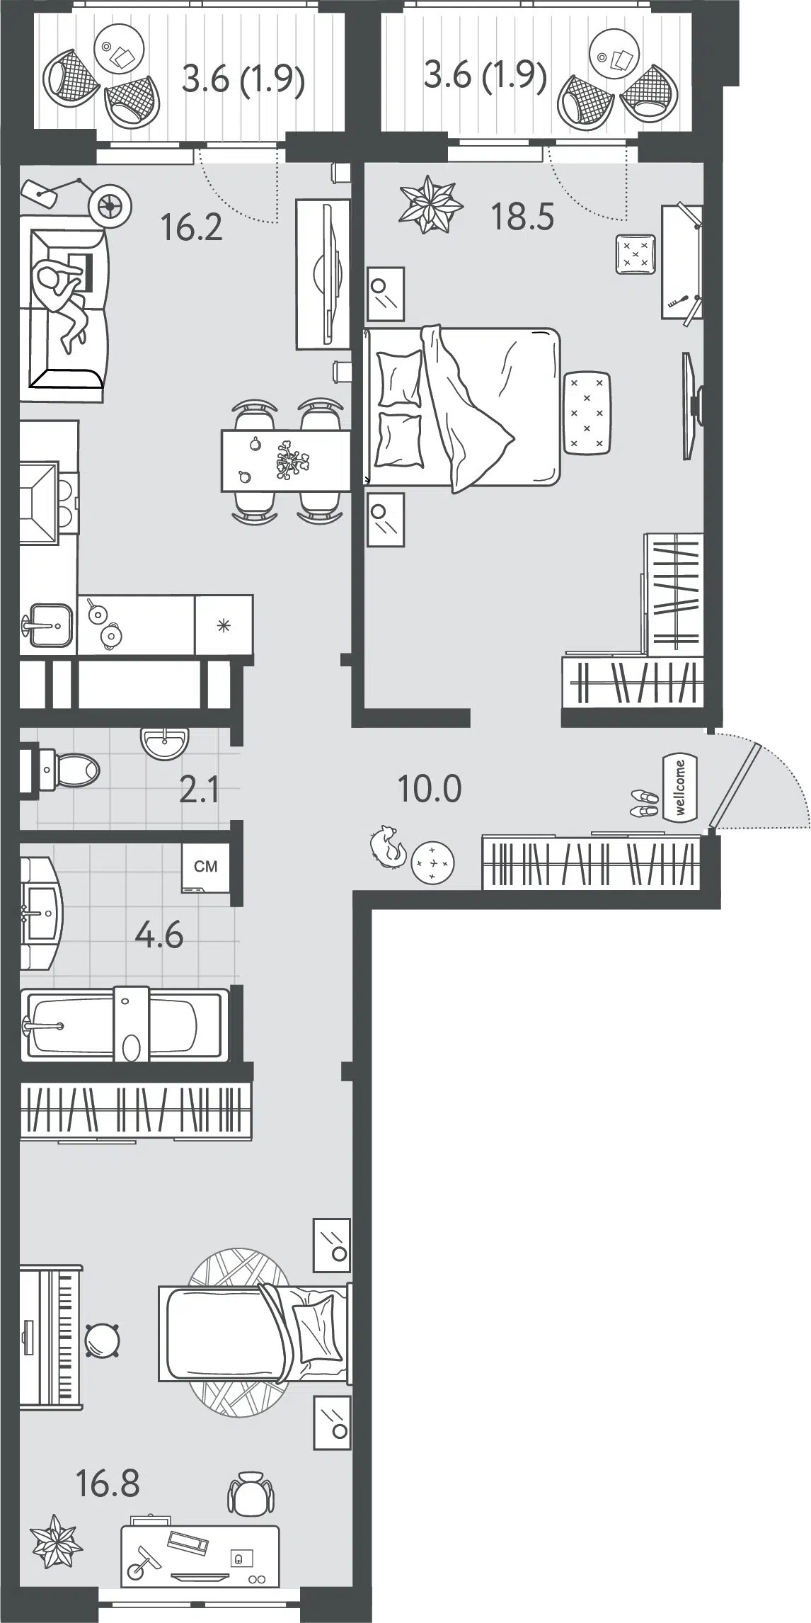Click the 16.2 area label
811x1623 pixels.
192,227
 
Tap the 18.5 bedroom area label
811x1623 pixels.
523,216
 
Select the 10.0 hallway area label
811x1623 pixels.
430,789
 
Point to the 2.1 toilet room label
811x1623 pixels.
199,790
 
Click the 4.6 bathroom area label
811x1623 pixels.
159,936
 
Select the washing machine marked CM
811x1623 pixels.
205,867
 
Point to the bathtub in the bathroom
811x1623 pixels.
125,1025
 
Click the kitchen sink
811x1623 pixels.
47,625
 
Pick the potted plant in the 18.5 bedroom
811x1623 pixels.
431,204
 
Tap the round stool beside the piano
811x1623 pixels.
102,1340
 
